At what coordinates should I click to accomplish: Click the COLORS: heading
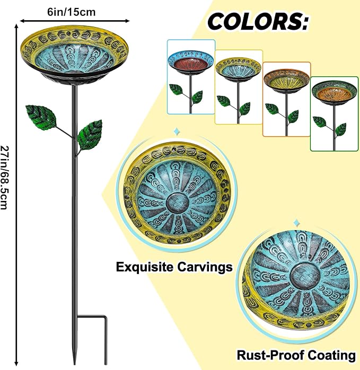tap(258, 22)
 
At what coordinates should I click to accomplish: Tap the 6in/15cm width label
tap(72, 12)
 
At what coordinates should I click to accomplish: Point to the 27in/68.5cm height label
tap(4, 177)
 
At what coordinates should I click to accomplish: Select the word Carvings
tap(205, 267)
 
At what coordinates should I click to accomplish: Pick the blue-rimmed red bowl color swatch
tap(191, 77)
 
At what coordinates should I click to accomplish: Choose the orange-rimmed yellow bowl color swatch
tap(287, 99)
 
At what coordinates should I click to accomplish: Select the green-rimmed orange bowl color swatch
tap(334, 114)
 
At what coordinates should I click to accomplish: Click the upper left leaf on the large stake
tap(42, 117)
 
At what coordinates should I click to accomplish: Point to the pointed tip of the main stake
tap(75, 364)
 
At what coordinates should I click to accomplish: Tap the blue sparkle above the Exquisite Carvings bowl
tap(176, 131)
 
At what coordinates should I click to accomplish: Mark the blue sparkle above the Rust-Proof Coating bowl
tap(296, 223)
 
